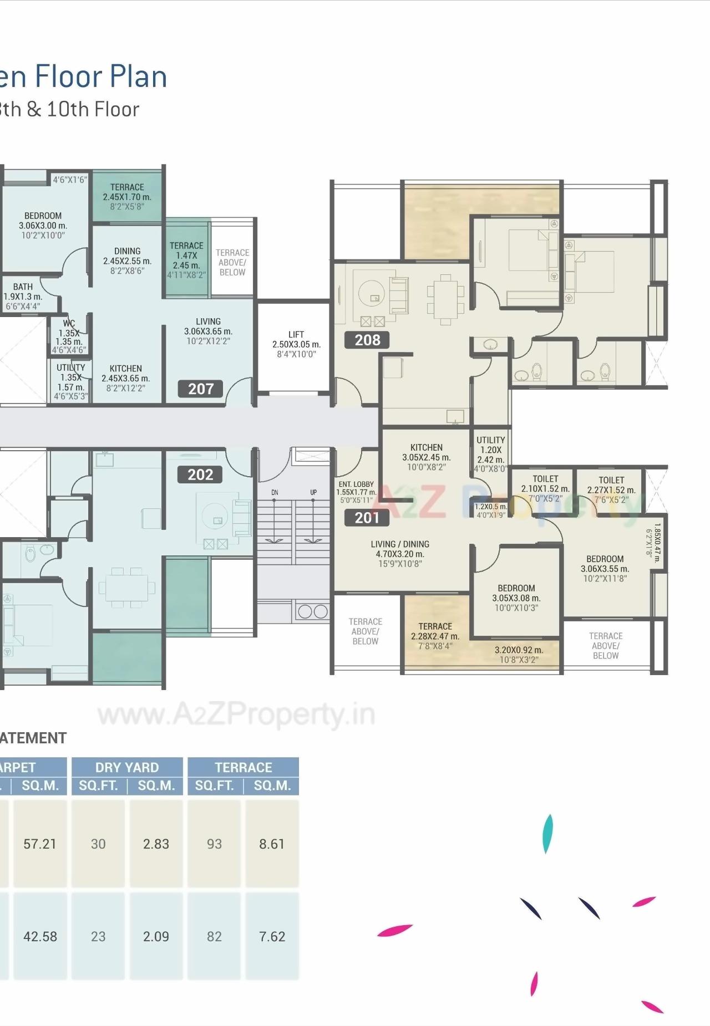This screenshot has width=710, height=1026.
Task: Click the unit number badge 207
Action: pyautogui.click(x=200, y=389)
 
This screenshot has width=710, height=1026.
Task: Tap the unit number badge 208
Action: pyautogui.click(x=367, y=340)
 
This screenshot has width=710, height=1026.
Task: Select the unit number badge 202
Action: pyautogui.click(x=200, y=474)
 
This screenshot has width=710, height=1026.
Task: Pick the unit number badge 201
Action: pyautogui.click(x=366, y=518)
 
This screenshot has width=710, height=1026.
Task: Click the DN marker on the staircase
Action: pyautogui.click(x=275, y=492)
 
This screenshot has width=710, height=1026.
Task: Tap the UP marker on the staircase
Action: pyautogui.click(x=313, y=492)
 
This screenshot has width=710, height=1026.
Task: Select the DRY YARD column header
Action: pyautogui.click(x=127, y=767)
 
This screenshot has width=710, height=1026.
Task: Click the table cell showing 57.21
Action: pyautogui.click(x=40, y=844)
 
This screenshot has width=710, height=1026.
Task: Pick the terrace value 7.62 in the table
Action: pyautogui.click(x=272, y=936)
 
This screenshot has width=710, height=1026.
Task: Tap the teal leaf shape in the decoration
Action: pyautogui.click(x=547, y=833)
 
